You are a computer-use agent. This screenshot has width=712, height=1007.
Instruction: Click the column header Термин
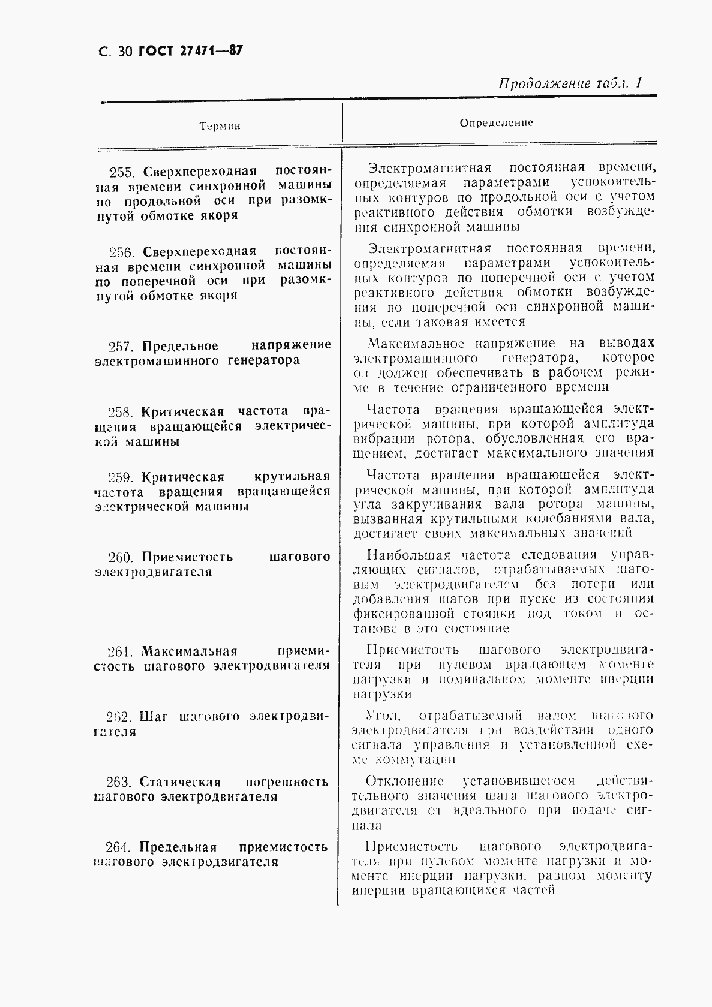click(x=220, y=126)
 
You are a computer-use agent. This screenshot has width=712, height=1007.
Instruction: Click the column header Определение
click(x=497, y=122)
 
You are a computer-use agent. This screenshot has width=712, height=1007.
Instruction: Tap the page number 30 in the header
click(x=124, y=52)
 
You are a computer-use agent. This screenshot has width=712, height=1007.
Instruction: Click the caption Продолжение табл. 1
click(x=570, y=83)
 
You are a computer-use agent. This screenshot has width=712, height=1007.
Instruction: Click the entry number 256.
click(x=122, y=251)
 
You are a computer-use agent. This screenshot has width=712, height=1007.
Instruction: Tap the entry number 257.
click(x=122, y=346)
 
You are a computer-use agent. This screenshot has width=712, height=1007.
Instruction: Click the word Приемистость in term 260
click(x=188, y=557)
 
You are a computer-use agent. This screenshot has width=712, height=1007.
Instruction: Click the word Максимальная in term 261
click(x=190, y=651)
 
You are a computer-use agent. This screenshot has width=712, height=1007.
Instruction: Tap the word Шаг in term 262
click(x=154, y=717)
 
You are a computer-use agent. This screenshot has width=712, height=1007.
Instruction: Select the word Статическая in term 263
click(x=180, y=782)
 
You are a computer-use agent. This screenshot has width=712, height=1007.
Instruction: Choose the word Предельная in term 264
click(x=178, y=847)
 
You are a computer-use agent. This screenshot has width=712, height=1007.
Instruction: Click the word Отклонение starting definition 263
click(x=404, y=781)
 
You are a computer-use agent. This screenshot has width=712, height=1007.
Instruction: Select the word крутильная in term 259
click(x=292, y=477)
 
